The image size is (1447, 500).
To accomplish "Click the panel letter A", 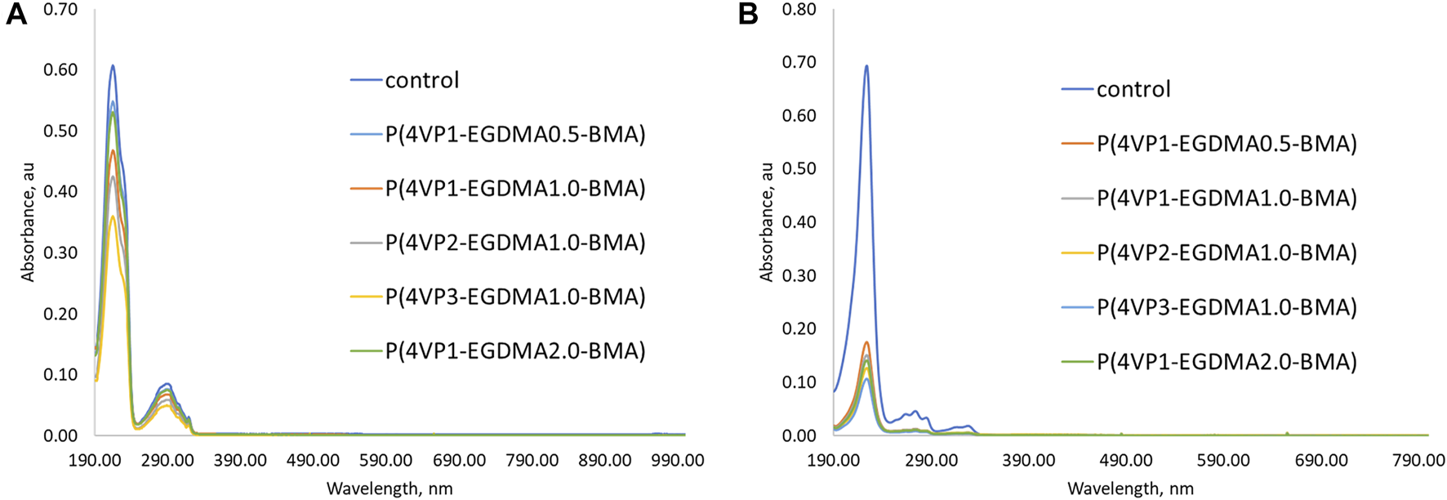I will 16,14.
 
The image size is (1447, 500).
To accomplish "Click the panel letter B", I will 748,14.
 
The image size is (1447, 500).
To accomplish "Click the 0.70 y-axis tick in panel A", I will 60,10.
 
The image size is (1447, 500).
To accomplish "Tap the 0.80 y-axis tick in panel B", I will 799,10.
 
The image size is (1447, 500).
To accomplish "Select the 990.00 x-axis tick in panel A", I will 677,461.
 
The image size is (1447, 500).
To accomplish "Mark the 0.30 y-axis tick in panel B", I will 799,275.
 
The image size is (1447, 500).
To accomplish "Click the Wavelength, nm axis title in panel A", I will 390,489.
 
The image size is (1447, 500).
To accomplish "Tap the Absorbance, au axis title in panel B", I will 766,222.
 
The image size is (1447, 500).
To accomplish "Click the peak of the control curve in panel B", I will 866,66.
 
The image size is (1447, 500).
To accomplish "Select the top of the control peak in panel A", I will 113,65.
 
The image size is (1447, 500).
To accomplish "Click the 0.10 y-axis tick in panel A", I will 60,374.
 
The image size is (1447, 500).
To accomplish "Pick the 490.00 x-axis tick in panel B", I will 1126,461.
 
